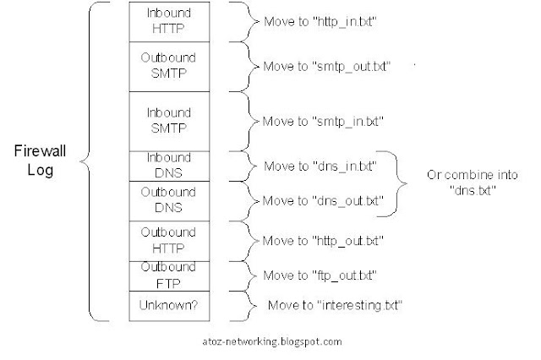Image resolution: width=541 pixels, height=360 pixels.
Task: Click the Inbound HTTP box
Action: point(169,22)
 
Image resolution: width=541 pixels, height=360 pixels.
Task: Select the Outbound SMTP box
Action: point(169,67)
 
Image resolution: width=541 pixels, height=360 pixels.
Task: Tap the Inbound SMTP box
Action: point(169,122)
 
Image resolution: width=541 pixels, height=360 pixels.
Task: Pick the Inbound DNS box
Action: point(169,166)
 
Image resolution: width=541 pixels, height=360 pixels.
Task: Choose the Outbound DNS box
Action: point(169,201)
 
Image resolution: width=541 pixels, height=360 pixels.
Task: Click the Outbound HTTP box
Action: point(169,241)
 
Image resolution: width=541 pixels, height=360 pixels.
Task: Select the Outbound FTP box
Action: point(169,276)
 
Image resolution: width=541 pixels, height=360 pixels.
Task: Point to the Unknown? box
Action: point(169,306)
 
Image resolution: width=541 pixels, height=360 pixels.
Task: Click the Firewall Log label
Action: point(40,161)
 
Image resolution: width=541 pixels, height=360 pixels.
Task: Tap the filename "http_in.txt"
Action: point(345,22)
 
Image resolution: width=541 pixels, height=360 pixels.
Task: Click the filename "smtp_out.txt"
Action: point(352,67)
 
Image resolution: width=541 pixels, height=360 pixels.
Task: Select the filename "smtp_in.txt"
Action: point(347,122)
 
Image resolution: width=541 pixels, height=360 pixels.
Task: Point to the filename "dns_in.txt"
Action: point(345,166)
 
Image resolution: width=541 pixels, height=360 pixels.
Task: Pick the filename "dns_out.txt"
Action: point(347,200)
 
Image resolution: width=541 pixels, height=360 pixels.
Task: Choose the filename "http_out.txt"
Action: point(347,241)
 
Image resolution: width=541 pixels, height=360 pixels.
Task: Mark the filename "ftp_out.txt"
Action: point(344,275)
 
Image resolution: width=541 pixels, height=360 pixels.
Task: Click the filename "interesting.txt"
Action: point(359,305)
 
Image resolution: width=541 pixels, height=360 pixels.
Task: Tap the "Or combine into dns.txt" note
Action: point(473,183)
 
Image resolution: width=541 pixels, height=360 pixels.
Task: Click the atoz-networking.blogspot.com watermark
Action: point(272,341)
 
